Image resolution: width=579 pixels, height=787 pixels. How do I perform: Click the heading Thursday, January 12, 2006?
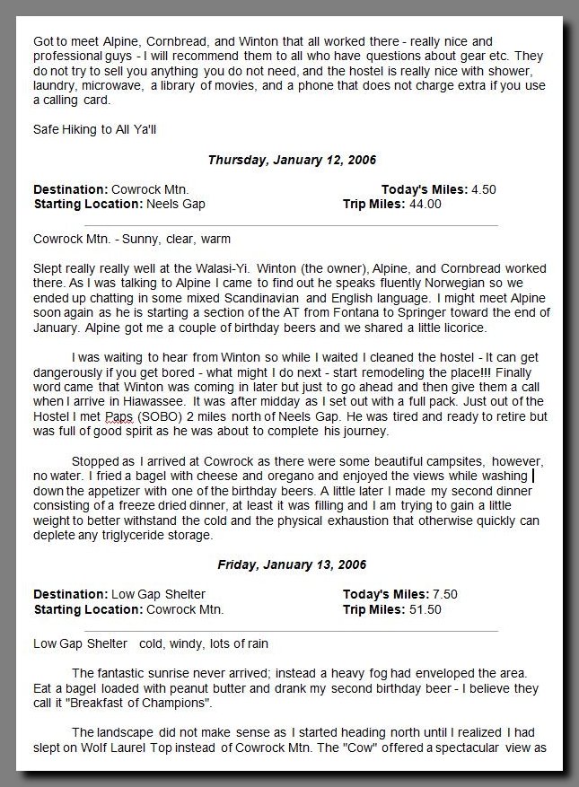coord(292,160)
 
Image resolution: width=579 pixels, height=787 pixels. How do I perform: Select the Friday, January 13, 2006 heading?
coord(292,564)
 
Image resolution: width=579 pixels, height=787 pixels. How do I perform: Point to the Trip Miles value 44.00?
coord(425,204)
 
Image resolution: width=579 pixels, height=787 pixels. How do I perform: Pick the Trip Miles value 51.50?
coord(425,609)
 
